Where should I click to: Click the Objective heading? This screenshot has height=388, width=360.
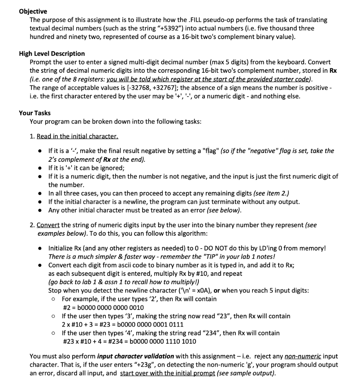(x=33, y=12)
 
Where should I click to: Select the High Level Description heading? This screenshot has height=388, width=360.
(x=52, y=53)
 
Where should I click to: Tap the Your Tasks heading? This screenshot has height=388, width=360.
(x=34, y=113)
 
